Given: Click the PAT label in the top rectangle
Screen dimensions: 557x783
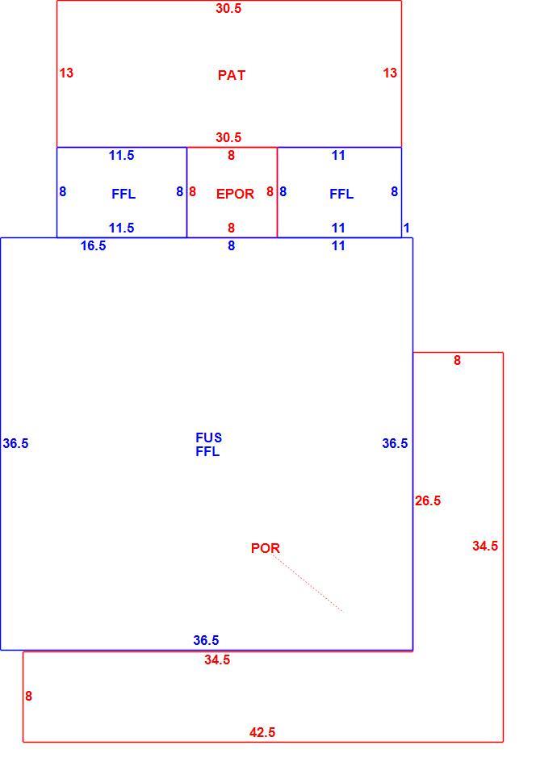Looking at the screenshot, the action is coord(232,75).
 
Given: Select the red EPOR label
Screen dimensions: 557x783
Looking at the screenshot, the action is coord(235,194).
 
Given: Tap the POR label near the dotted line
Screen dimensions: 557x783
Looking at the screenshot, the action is coord(266,548).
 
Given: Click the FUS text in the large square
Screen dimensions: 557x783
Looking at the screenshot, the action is coord(209,438).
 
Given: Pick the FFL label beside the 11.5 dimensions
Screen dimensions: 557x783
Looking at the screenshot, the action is coord(124,194).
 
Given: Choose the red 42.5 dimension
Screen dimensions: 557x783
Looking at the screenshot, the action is coord(262,732).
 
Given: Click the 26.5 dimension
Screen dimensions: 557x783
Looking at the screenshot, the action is coord(428,500).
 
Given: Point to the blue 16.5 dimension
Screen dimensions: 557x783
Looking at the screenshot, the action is coord(94,245).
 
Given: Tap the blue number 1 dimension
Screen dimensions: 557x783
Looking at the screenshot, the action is coord(407,228).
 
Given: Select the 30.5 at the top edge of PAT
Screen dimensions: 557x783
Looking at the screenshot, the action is coord(228,8).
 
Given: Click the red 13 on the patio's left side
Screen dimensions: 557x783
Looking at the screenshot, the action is coord(66,73).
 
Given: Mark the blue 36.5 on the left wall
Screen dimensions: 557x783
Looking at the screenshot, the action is coord(15,443).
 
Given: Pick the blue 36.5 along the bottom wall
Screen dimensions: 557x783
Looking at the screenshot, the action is coord(206,640).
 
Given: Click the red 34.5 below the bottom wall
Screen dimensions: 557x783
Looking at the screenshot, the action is coord(217,659).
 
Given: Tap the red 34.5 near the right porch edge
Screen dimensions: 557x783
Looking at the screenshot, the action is coord(485,546).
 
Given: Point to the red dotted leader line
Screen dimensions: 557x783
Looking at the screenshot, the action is coord(308,584).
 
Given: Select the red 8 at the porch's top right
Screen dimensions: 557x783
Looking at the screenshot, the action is coord(457,360).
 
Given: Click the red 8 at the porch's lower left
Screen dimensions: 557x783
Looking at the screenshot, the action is coord(28,696).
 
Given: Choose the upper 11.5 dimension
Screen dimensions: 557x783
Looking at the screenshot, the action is coord(121,155).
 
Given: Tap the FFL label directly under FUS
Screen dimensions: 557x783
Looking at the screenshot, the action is coord(207,451).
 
